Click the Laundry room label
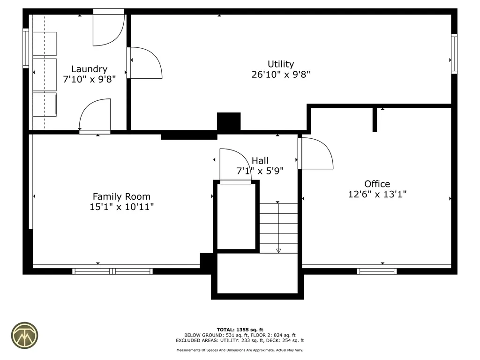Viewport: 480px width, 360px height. tap(89, 69)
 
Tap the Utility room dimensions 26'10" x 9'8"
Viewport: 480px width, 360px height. tap(281, 74)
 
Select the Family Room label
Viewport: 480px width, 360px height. tap(121, 196)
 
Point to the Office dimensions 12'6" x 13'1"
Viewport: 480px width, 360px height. tap(377, 194)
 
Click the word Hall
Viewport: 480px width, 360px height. tap(260, 161)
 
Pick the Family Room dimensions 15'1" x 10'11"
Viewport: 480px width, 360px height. tap(121, 206)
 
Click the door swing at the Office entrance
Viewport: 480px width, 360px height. tap(316, 153)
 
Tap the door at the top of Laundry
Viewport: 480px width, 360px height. tap(108, 29)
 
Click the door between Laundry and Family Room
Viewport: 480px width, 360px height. tap(95, 116)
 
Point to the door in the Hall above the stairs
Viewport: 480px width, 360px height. tap(235, 165)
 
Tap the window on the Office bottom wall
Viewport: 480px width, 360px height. tap(377, 271)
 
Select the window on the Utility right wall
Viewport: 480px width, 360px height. tap(454, 54)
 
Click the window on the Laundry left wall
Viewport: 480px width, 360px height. tap(26, 48)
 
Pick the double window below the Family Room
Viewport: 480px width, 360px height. tap(112, 271)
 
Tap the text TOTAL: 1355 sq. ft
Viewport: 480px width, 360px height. tap(240, 330)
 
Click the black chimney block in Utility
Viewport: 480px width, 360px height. tap(229, 122)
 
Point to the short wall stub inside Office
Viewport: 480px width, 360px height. tap(375, 120)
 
